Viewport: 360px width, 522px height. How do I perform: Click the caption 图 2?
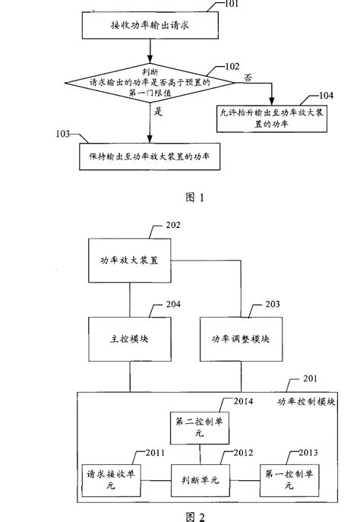196,513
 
